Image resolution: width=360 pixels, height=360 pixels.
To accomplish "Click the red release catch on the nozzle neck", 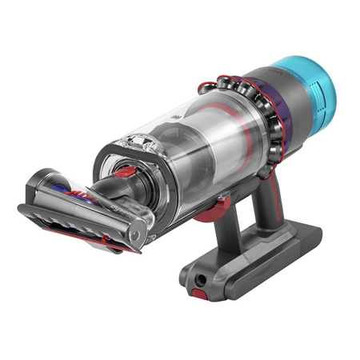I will coord(122,172).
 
